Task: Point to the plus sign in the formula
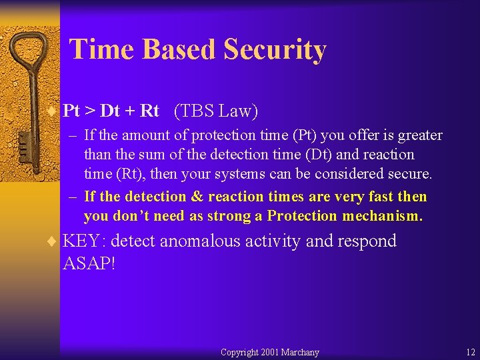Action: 129,111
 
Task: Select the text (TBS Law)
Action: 215,111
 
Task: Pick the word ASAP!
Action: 89,263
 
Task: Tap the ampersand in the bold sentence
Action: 197,197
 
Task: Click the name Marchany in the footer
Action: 300,352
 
